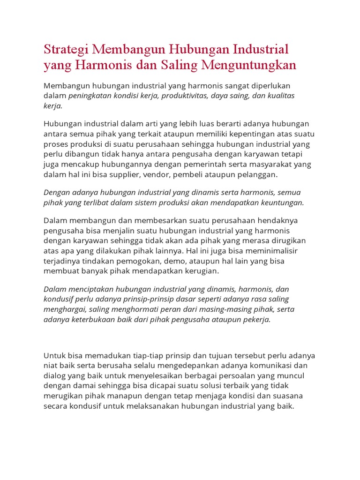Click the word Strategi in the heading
67,50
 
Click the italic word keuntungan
281,202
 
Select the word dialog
55,375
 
